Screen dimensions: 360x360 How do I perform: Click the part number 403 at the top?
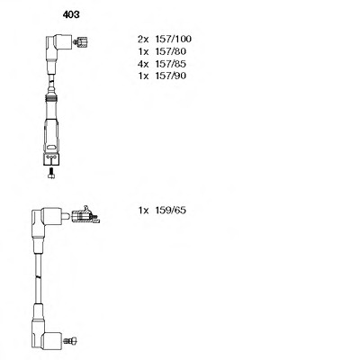tap(71, 14)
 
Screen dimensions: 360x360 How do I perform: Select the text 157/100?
tap(173, 39)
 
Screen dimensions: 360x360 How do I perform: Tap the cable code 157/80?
tap(170, 51)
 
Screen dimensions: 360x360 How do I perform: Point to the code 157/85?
tap(170, 64)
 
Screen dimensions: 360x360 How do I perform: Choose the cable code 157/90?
tap(170, 76)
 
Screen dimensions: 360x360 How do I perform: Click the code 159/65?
tap(170, 211)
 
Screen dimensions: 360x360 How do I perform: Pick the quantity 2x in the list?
tap(143, 39)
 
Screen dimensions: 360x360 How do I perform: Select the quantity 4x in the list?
tap(143, 64)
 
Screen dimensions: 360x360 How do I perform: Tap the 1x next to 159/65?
tap(143, 211)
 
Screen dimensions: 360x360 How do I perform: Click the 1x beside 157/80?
tap(143, 51)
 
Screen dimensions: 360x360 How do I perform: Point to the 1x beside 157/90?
tap(143, 76)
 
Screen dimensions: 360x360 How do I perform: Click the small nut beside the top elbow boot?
tap(81, 42)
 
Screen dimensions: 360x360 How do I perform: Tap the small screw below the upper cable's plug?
tap(51, 173)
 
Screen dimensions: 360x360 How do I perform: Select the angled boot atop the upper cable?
tap(58, 45)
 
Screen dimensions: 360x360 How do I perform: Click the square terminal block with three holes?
tap(51, 159)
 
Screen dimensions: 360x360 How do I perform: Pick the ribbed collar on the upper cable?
tap(51, 97)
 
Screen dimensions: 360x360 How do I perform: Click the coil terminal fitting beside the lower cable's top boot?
tap(85, 215)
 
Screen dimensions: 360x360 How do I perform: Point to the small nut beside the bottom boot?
tap(70, 340)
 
